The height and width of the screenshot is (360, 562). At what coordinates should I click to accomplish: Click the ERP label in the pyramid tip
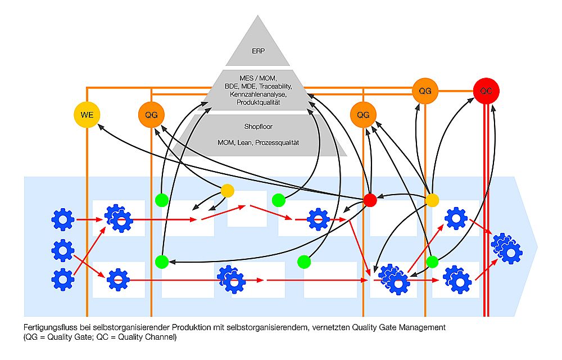pyautogui.click(x=258, y=51)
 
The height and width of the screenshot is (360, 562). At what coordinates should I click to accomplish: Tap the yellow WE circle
pyautogui.click(x=87, y=115)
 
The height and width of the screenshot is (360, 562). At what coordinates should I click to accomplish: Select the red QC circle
pyautogui.click(x=486, y=91)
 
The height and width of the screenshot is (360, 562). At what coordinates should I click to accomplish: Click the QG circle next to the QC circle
pyautogui.click(x=425, y=91)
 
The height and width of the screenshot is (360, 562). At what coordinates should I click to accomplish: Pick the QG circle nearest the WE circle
pyautogui.click(x=151, y=115)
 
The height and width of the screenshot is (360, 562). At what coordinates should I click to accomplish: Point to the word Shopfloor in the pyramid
pyautogui.click(x=258, y=127)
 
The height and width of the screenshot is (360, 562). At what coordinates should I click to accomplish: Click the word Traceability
pyautogui.click(x=275, y=87)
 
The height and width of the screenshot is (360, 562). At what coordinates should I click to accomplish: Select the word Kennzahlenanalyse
pyautogui.click(x=258, y=94)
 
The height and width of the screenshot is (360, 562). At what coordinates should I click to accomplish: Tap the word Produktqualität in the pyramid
pyautogui.click(x=258, y=102)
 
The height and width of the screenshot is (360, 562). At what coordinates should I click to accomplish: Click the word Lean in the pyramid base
pyautogui.click(x=245, y=143)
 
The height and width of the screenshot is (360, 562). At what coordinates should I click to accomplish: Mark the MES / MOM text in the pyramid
pyautogui.click(x=258, y=78)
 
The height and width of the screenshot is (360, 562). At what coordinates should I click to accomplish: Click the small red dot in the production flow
pyautogui.click(x=370, y=200)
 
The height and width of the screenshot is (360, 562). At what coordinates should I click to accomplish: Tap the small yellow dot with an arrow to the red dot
pyautogui.click(x=432, y=200)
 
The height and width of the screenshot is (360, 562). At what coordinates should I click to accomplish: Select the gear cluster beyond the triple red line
pyautogui.click(x=507, y=249)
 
